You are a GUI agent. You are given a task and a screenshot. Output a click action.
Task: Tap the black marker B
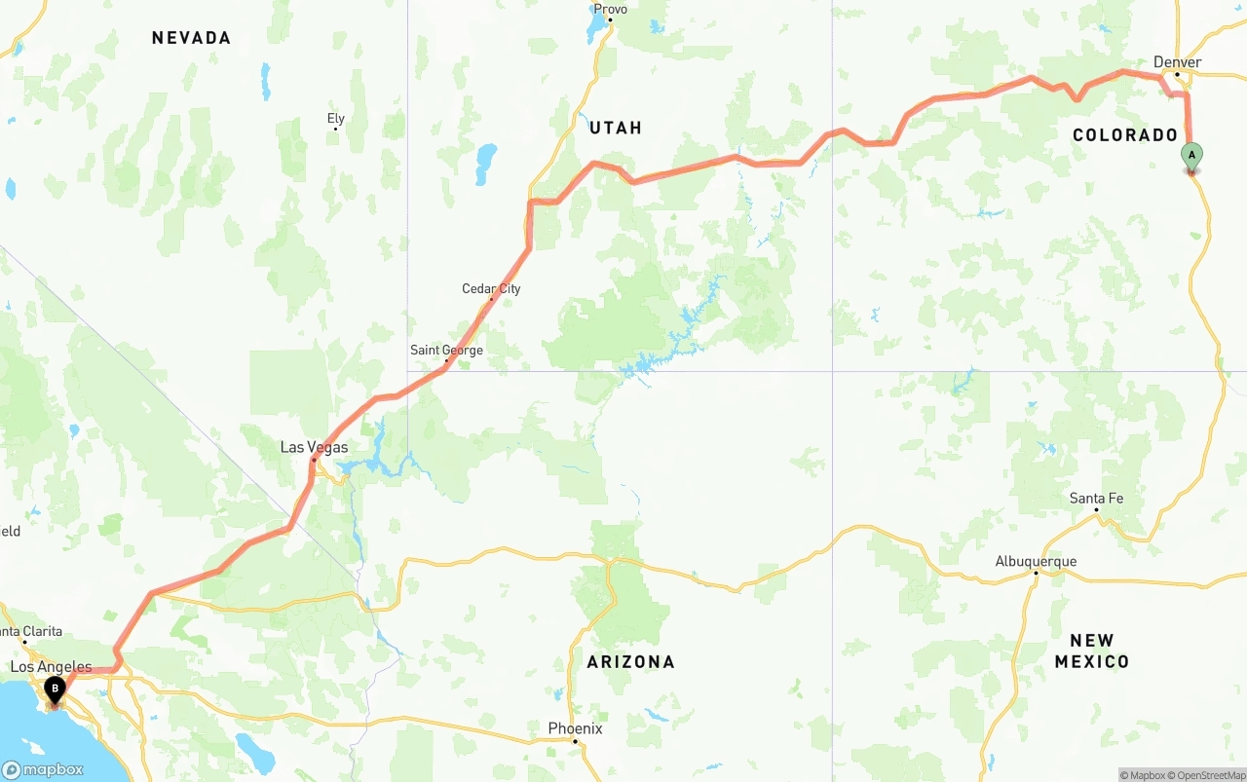[56, 689]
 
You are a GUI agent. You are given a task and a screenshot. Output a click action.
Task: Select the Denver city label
[1177, 62]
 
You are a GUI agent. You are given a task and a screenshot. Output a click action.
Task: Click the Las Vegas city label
[314, 447]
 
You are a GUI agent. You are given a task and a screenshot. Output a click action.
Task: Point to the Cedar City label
[491, 288]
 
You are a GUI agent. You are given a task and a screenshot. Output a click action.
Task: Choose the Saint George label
[446, 351]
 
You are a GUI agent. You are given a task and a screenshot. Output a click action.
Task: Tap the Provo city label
[610, 9]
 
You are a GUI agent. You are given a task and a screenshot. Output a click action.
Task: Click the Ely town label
[335, 119]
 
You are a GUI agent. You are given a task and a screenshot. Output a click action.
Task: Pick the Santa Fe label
[1096, 499]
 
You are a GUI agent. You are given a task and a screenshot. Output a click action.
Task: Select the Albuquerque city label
[1036, 561]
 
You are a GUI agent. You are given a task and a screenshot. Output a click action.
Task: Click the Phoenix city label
[575, 728]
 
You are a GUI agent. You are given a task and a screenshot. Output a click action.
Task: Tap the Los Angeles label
[51, 667]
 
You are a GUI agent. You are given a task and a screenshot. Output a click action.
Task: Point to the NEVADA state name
[191, 38]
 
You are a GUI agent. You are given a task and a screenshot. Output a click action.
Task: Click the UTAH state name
[616, 128]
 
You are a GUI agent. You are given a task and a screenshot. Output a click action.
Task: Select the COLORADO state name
[1125, 135]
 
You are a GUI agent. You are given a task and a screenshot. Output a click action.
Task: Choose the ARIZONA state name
[630, 662]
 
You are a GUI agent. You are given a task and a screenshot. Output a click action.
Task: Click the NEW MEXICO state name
[1091, 652]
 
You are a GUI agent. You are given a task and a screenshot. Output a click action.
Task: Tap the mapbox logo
[43, 769]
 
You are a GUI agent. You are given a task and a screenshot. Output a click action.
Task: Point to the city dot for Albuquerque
[1036, 573]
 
